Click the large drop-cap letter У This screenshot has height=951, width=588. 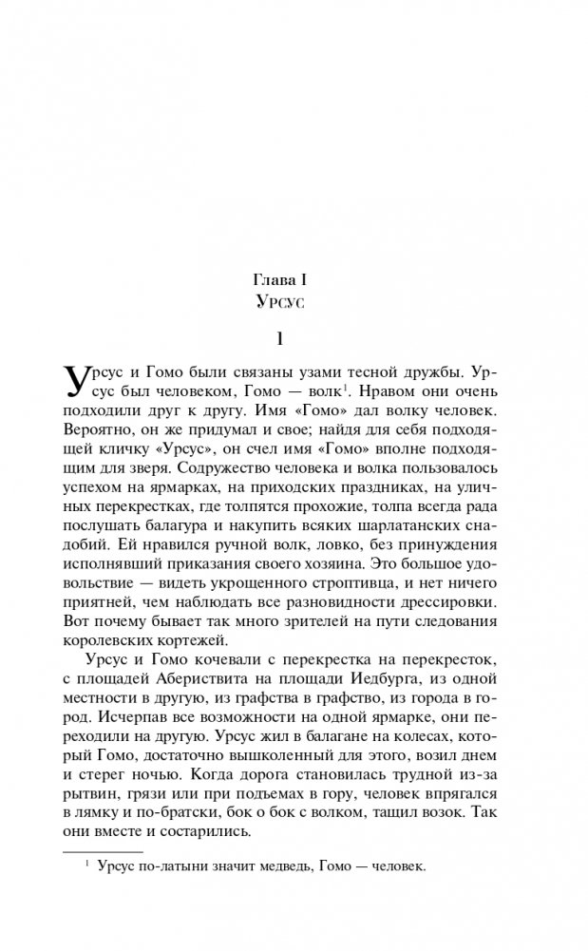click(79, 382)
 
